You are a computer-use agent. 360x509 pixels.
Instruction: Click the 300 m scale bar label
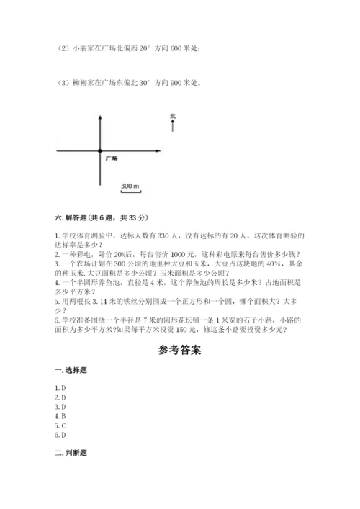[130, 186]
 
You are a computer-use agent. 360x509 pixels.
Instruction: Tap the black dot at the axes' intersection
[100, 150]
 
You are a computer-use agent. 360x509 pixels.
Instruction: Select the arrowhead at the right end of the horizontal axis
[160, 150]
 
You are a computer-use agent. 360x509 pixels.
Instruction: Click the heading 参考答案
[179, 351]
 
